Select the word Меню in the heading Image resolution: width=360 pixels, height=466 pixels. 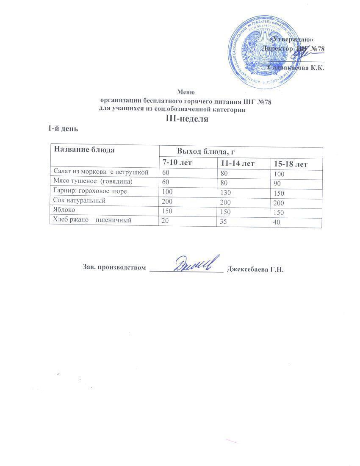[186, 91]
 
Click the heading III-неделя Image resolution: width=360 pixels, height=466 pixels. [187, 119]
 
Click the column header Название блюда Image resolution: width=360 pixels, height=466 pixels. [83, 150]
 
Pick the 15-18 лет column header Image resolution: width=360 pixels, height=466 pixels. [291, 164]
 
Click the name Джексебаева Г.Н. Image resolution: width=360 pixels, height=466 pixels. [255, 269]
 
